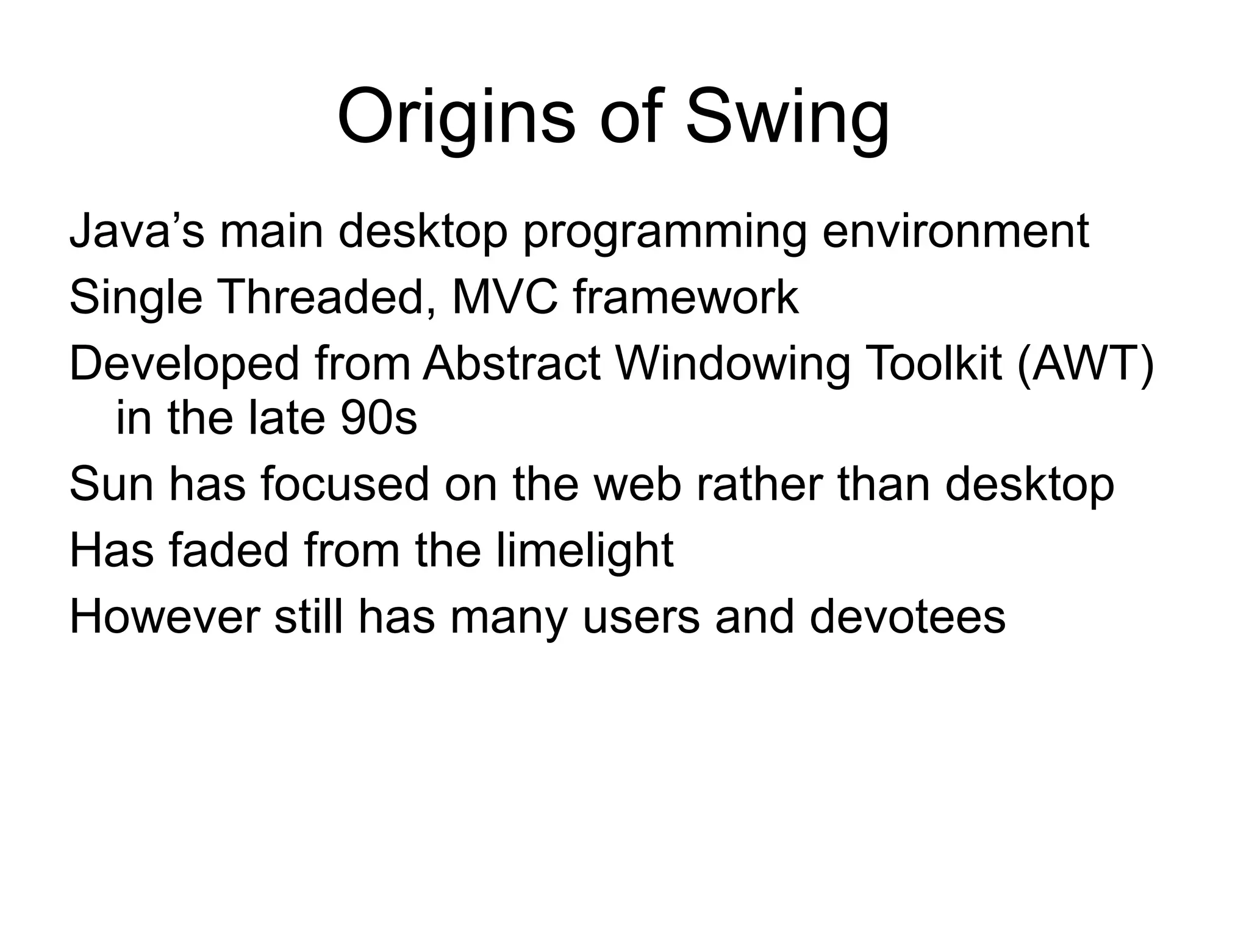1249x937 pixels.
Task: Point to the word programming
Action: click(665, 231)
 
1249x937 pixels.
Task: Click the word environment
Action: click(955, 231)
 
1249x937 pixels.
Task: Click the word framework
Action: click(685, 297)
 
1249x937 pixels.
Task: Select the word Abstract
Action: click(512, 364)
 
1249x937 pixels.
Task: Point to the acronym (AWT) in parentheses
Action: click(1085, 364)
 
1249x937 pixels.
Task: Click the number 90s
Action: click(379, 418)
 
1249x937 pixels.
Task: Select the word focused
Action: click(345, 484)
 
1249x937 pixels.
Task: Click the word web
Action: click(637, 484)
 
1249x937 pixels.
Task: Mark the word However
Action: click(164, 617)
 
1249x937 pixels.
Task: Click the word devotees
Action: click(907, 617)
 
